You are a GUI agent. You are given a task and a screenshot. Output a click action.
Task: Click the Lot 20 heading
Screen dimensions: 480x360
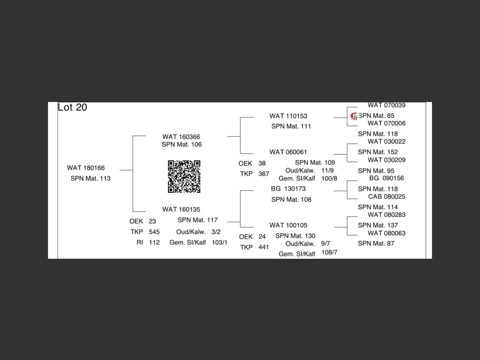click(x=72, y=107)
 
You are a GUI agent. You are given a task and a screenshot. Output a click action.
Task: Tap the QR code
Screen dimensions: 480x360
click(x=184, y=177)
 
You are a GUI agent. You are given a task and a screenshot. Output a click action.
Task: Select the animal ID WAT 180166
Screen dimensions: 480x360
click(x=86, y=168)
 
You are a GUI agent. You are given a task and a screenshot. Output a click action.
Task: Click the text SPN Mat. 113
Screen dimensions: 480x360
click(x=90, y=178)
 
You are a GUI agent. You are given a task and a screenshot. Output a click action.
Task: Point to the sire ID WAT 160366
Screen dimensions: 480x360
click(x=181, y=137)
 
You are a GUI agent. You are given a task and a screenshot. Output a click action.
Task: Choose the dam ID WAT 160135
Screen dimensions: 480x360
click(x=181, y=209)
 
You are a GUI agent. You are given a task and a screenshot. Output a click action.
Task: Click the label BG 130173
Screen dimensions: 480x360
click(x=288, y=189)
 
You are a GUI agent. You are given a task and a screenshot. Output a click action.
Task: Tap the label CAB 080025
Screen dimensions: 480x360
click(x=387, y=196)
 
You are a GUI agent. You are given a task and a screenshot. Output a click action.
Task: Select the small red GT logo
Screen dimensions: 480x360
click(x=354, y=116)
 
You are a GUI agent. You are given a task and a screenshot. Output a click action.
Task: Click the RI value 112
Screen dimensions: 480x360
click(x=154, y=242)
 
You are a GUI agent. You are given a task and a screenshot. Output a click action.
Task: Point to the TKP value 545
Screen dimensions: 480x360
click(x=154, y=232)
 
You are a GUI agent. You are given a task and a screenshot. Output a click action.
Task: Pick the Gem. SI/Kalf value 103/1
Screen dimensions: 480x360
click(x=219, y=242)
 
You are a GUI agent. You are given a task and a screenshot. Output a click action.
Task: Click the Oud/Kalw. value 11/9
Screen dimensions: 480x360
click(x=327, y=171)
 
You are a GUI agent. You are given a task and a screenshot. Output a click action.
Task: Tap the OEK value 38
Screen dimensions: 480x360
click(x=262, y=163)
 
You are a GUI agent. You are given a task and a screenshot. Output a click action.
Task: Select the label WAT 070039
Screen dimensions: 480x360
click(x=387, y=105)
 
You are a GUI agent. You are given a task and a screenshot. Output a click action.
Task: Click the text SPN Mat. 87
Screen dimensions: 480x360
click(x=376, y=243)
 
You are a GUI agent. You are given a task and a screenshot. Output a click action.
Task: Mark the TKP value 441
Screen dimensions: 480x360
click(x=264, y=247)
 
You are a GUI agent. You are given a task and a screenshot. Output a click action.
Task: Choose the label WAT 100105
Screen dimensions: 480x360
click(x=288, y=225)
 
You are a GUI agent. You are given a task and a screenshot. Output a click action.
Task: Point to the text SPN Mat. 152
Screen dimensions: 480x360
click(x=378, y=152)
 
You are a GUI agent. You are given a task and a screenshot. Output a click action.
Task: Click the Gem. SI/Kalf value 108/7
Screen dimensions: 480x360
click(x=329, y=252)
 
